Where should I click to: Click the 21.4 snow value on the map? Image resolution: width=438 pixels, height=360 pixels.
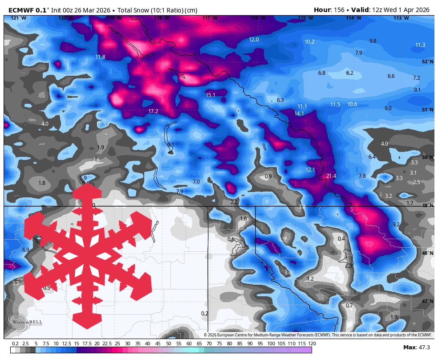[331, 176]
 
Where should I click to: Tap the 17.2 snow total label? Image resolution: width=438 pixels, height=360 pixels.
[153, 111]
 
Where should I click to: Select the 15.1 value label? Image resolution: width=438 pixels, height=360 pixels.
[211, 95]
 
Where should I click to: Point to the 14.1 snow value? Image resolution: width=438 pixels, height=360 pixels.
[299, 114]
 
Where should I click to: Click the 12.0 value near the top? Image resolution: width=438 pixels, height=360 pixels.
[254, 40]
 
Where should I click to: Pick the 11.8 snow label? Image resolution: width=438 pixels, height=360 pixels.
[100, 57]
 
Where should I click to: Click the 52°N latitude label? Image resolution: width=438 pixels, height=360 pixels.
[427, 62]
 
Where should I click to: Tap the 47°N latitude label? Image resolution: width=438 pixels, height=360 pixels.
[427, 302]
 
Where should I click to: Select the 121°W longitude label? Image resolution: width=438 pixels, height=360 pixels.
[18, 18]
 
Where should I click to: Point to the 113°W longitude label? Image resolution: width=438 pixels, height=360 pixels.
[401, 18]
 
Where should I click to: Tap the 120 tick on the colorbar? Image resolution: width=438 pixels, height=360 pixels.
[312, 344]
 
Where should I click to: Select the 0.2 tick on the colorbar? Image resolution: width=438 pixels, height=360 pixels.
[15, 344]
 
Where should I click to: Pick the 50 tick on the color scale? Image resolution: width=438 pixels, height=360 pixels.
[168, 344]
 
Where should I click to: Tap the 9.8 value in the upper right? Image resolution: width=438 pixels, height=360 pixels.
[373, 41]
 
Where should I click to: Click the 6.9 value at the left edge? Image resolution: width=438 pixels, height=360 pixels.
[26, 250]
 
